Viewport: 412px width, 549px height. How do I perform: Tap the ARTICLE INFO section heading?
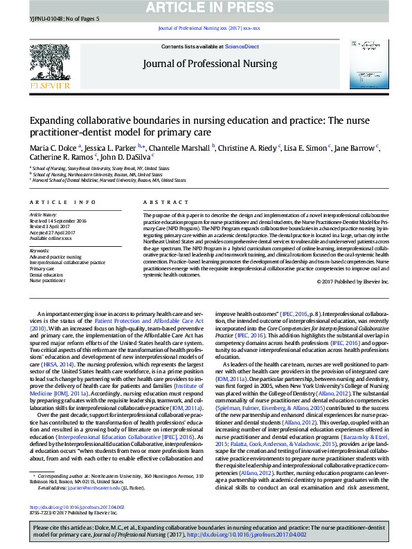coord(63,202)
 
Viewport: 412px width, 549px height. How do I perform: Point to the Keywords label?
coord(40,251)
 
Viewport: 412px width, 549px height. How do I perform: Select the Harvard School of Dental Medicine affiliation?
coord(109,180)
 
